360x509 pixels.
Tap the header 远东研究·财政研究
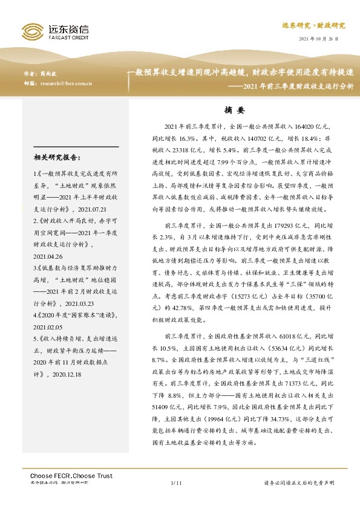pos(313,26)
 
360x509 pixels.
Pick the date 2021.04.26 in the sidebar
pos(50,238)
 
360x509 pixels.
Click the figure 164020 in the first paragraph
pos(308,127)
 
